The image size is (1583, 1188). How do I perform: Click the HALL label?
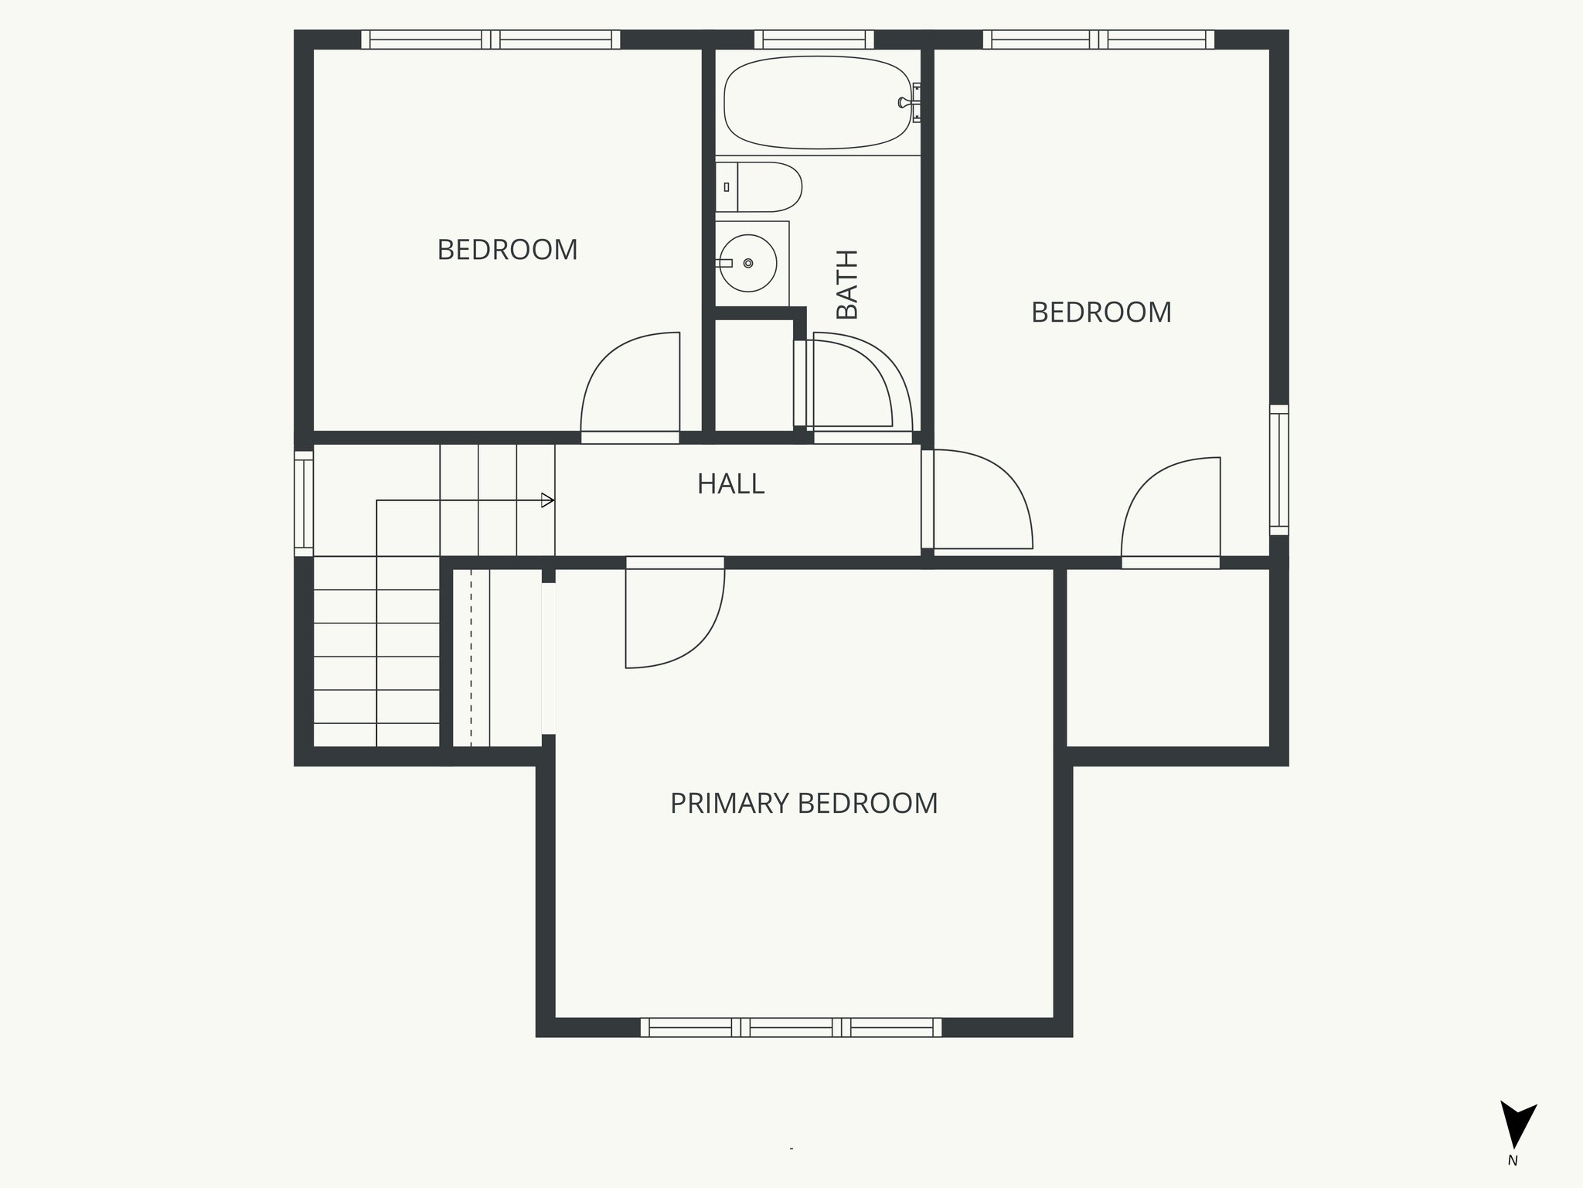click(x=730, y=484)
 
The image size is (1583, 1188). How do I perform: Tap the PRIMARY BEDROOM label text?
click(x=804, y=804)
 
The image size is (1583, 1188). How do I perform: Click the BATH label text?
click(x=848, y=285)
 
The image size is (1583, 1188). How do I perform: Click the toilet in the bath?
click(x=761, y=187)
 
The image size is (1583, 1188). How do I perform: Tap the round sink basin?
click(x=747, y=263)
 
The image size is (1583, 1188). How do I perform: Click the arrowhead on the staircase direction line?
click(x=547, y=500)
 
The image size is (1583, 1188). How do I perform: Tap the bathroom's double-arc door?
click(x=858, y=383)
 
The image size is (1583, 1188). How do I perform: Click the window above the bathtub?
click(x=814, y=39)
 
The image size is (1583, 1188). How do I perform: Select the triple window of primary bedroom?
click(x=791, y=1027)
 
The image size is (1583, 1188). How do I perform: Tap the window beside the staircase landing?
click(x=304, y=504)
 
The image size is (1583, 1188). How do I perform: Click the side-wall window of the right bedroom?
click(x=1279, y=469)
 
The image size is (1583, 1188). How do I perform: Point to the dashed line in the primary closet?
click(x=471, y=657)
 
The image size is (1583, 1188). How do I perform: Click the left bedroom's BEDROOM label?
click(x=507, y=250)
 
